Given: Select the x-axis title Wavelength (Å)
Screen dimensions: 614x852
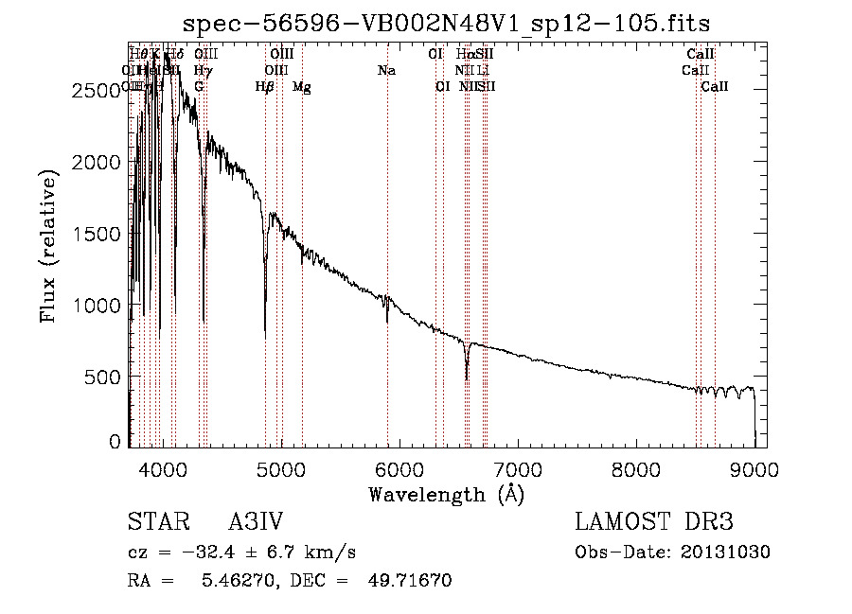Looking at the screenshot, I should pyautogui.click(x=446, y=493).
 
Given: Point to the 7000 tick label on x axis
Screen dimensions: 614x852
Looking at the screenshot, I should pyautogui.click(x=517, y=468).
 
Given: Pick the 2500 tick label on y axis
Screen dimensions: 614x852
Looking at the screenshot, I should pyautogui.click(x=98, y=91).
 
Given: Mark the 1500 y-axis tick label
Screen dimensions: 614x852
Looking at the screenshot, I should pyautogui.click(x=98, y=234).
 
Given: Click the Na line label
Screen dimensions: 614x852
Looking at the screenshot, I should pyautogui.click(x=386, y=71).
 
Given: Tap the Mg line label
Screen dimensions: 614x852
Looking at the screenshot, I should pyautogui.click(x=302, y=87).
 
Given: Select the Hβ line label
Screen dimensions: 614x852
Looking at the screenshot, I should pyautogui.click(x=265, y=87).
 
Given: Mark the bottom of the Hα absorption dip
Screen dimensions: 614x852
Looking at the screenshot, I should pyautogui.click(x=467, y=378).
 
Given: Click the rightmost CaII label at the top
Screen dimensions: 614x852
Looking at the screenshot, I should pyautogui.click(x=715, y=87).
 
